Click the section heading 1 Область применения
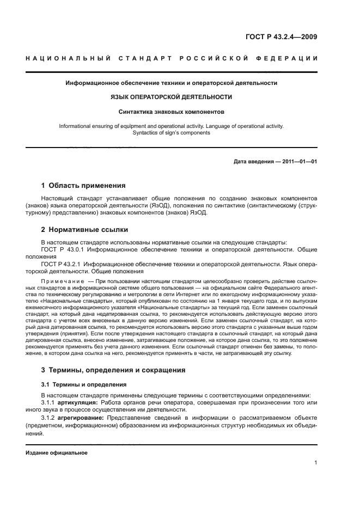pyautogui.click(x=84, y=185)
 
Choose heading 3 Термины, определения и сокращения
pyautogui.click(x=113, y=370)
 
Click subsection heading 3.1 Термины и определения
pyautogui.click(x=77, y=384)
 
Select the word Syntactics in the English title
pyautogui.click(x=147, y=132)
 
